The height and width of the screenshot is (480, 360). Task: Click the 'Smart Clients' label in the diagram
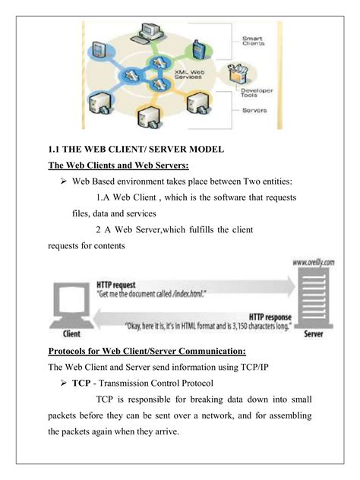[253, 41]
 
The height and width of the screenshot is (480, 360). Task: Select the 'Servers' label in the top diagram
[253, 110]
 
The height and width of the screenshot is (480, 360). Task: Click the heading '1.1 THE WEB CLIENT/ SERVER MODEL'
[136, 150]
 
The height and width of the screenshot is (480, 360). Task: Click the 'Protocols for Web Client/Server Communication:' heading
[147, 352]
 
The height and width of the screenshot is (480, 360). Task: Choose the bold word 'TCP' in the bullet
[81, 384]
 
